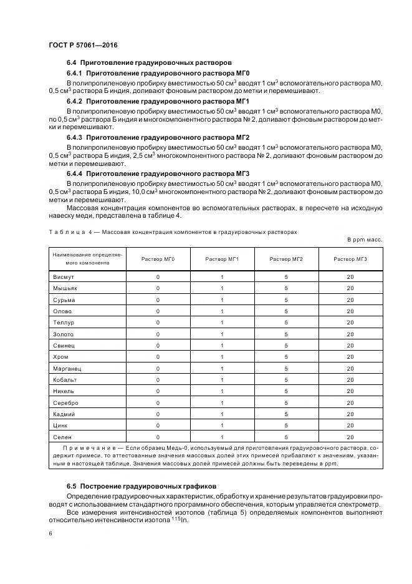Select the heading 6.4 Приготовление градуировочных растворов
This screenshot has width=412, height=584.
149,62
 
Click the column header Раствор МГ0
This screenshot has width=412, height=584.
158,259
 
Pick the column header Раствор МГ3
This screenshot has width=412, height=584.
350,259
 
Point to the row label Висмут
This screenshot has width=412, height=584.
64,276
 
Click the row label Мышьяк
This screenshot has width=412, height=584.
65,288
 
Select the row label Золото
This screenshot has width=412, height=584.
64,334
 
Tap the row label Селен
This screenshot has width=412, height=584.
62,437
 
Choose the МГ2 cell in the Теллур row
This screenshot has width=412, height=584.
286,323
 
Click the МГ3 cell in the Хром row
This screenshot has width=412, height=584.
350,357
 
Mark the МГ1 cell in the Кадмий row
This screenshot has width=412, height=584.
222,414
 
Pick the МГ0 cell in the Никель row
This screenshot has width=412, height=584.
158,391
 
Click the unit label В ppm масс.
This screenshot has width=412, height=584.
365,240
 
